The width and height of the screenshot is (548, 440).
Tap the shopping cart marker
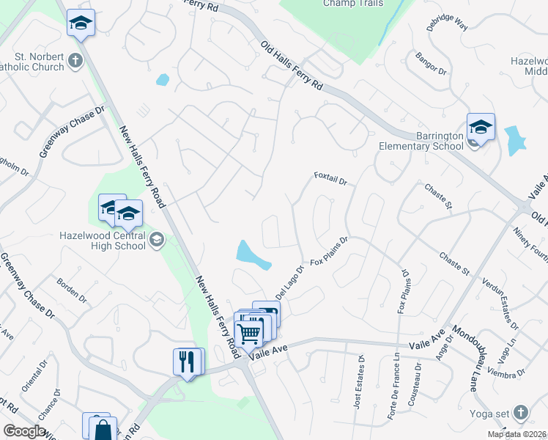(x=248, y=332)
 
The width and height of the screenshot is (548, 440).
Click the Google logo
(x=24, y=431)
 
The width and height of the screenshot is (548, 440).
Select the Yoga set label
(x=492, y=411)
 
